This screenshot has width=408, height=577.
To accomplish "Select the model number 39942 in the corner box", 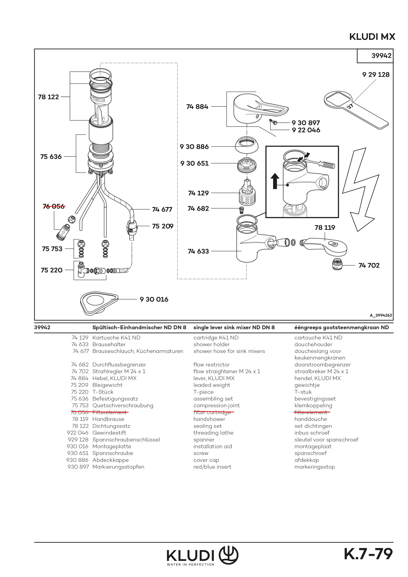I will (381, 56).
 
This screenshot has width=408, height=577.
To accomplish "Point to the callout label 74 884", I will (197, 107).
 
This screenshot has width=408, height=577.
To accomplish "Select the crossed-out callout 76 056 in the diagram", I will (54, 206).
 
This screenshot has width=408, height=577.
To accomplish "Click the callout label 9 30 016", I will (154, 299).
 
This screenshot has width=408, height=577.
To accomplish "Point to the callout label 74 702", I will (369, 265).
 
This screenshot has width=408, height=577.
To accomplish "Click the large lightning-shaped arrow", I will (360, 191).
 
